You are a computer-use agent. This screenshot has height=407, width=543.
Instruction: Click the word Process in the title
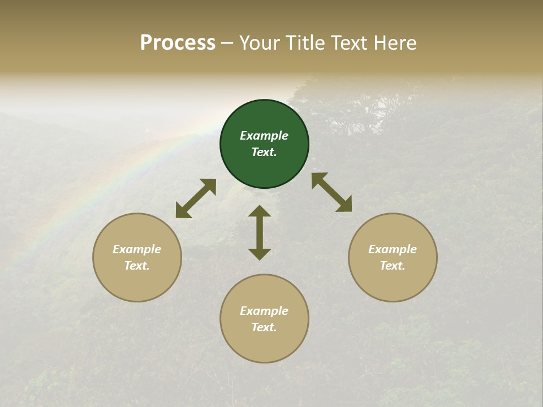click(178, 43)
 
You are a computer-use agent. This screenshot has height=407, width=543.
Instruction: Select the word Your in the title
click(260, 43)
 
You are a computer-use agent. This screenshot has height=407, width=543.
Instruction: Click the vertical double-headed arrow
click(260, 232)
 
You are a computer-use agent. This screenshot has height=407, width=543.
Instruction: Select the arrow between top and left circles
click(196, 198)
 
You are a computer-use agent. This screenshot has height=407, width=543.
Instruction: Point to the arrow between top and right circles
click(331, 192)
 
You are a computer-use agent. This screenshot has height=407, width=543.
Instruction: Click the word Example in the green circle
click(264, 136)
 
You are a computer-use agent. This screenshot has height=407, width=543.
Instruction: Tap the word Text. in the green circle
click(264, 152)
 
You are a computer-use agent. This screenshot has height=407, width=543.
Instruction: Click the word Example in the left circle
click(137, 249)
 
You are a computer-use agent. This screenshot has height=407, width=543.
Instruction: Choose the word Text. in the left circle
click(137, 266)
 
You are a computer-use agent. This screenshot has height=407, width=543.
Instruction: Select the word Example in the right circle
click(393, 249)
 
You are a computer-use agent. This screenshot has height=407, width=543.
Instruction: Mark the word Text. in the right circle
click(393, 266)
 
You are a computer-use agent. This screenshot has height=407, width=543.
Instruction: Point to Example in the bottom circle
click(264, 311)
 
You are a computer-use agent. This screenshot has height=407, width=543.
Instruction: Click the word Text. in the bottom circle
click(264, 327)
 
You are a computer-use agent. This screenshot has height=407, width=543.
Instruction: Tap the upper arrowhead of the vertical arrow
click(260, 211)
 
